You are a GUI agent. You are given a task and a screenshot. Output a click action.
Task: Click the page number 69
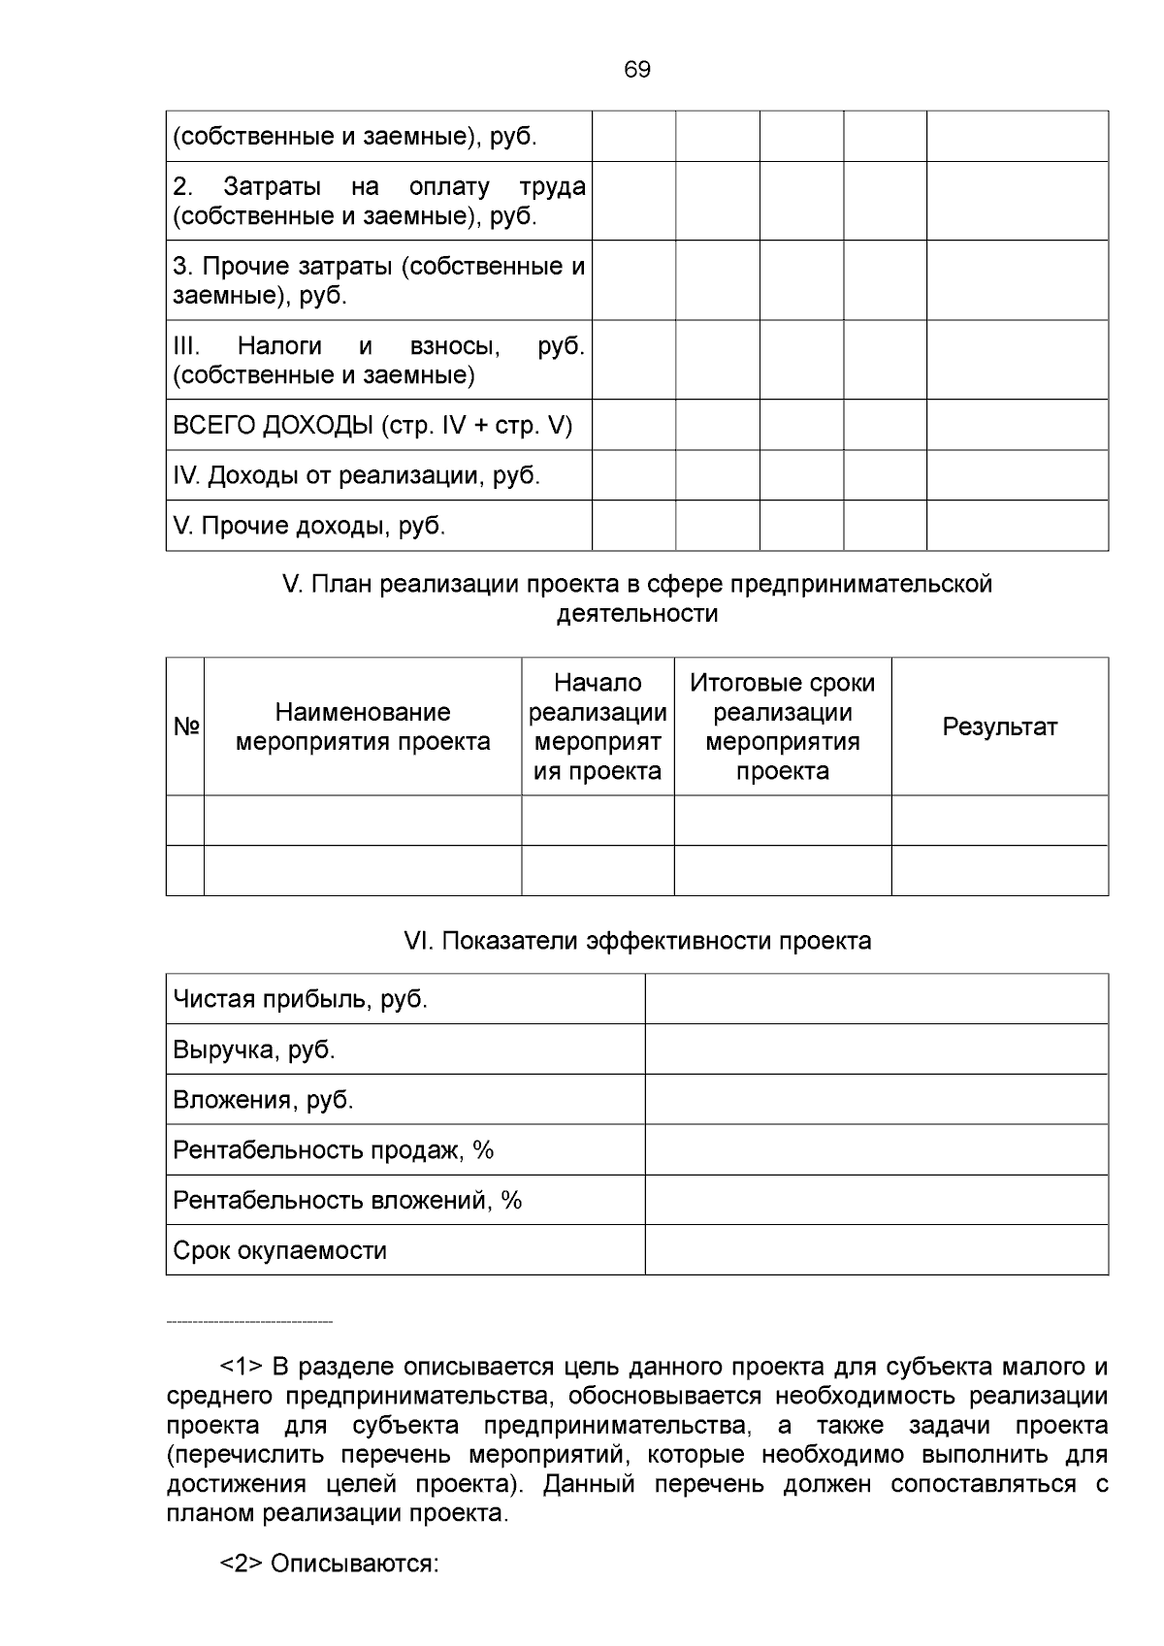(637, 70)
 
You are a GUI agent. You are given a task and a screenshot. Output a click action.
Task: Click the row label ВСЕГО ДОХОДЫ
(372, 426)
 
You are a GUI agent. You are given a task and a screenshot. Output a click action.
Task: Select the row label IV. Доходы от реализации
(356, 476)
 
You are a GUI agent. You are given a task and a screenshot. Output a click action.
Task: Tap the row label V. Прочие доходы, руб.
(308, 527)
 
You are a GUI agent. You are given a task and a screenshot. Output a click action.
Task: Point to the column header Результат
(999, 727)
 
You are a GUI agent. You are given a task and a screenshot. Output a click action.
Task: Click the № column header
(185, 727)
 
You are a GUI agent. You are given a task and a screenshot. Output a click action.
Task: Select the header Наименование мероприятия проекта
(363, 727)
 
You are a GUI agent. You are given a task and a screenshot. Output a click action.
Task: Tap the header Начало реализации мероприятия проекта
(598, 727)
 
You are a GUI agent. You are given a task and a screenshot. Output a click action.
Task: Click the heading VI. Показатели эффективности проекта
(637, 941)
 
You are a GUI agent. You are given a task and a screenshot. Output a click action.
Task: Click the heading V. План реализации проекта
(637, 598)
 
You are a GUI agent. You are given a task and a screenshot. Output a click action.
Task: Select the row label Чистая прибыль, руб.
(300, 1000)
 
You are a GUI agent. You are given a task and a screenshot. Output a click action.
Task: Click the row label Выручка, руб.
(253, 1050)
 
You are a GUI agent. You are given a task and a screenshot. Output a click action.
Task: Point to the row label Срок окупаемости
(279, 1251)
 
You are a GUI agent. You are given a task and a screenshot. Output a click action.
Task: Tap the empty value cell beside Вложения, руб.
(876, 1100)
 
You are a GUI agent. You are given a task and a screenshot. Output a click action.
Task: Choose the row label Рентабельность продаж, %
(333, 1150)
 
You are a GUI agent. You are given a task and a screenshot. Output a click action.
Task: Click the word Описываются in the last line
(354, 1565)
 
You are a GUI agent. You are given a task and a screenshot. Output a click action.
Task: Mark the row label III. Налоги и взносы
(378, 360)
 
